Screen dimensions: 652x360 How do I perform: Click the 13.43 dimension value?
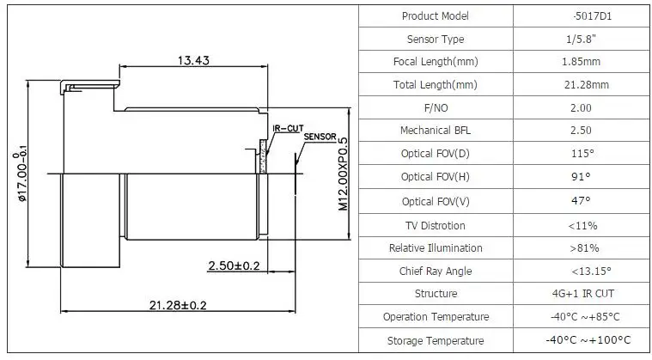click(x=193, y=60)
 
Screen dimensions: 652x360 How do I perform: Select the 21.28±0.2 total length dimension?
click(x=178, y=306)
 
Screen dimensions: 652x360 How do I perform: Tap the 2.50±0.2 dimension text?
click(x=234, y=265)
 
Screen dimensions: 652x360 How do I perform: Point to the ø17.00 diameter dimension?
click(x=21, y=174)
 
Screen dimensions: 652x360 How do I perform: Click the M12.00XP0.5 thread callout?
click(x=343, y=174)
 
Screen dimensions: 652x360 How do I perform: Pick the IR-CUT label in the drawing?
click(x=288, y=129)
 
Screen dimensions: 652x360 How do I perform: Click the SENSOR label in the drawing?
click(x=320, y=137)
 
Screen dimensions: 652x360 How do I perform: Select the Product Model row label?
click(x=436, y=16)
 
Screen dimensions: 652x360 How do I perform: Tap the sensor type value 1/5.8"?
click(x=581, y=39)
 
